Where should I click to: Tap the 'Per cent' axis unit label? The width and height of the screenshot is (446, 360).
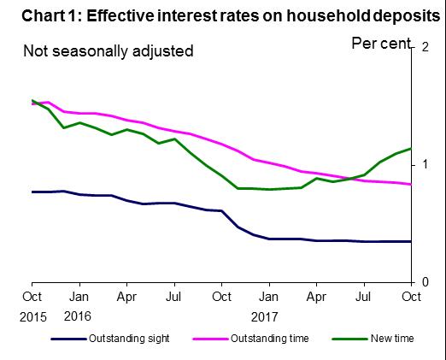pyautogui.click(x=381, y=43)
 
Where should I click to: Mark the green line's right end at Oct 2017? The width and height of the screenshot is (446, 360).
pyautogui.click(x=411, y=149)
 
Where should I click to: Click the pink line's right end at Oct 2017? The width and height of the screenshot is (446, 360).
pyautogui.click(x=411, y=185)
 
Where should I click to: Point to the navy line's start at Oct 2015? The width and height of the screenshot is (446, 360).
pyautogui.click(x=32, y=192)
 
